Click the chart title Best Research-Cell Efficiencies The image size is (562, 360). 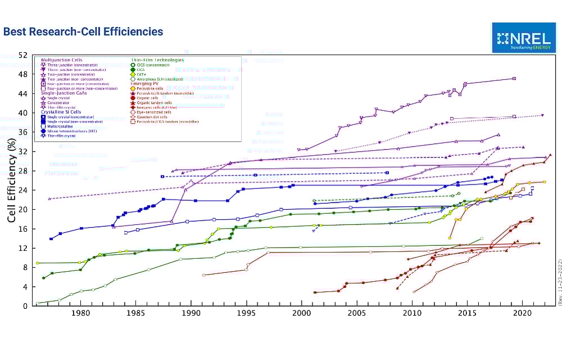pyautogui.click(x=83, y=32)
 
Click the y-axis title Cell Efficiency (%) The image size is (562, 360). pyautogui.click(x=11, y=181)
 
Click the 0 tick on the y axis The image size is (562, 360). pyautogui.click(x=25, y=307)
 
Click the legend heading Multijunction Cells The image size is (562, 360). pyautogui.click(x=58, y=60)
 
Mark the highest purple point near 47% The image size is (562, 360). pyautogui.click(x=514, y=78)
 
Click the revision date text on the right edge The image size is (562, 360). pyautogui.click(x=559, y=282)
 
